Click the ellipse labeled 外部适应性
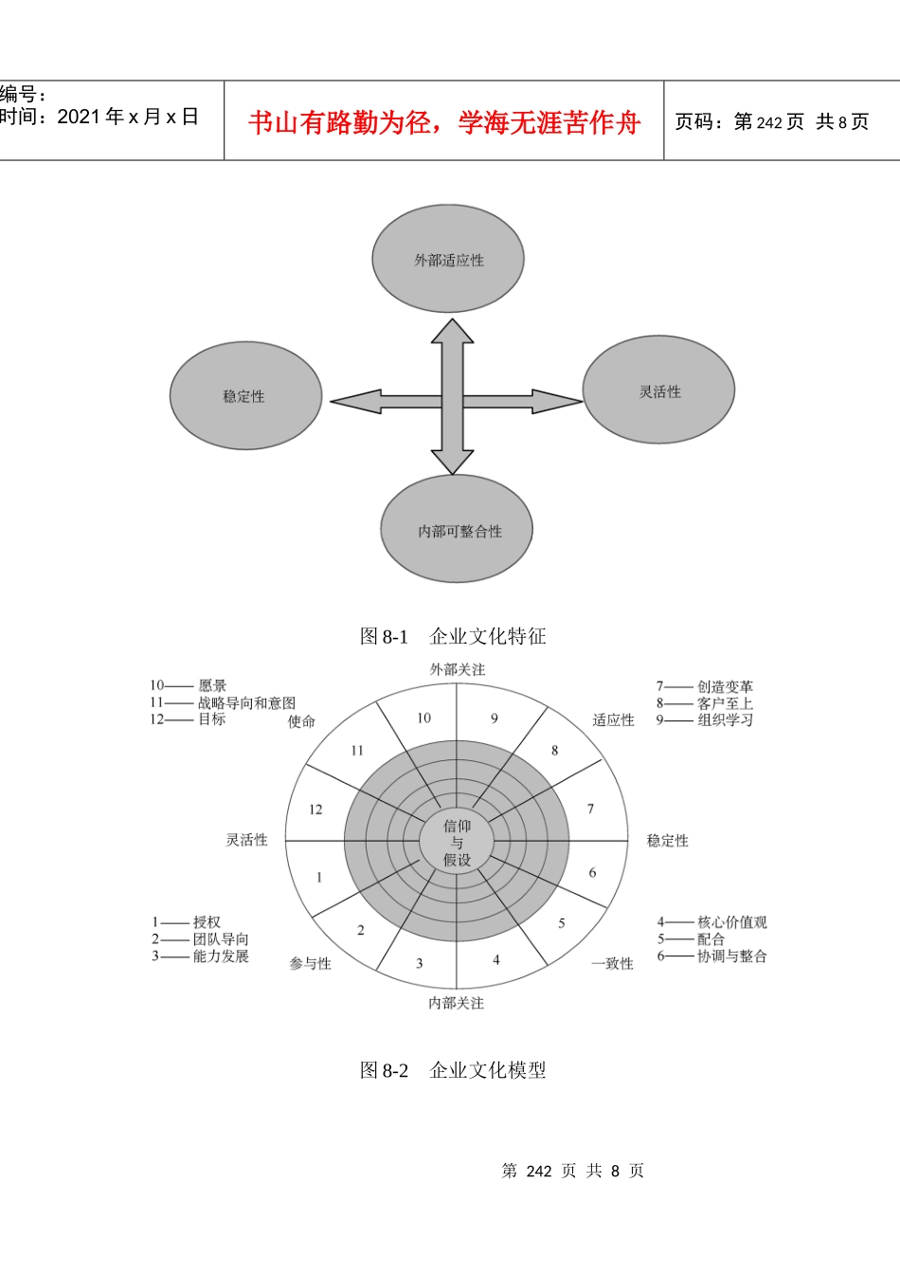(448, 259)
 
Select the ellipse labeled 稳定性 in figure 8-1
(245, 396)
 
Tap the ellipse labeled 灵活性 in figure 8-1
(658, 390)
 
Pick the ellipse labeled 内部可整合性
(457, 529)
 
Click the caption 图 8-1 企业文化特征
(453, 636)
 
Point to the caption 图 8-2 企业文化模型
(453, 1070)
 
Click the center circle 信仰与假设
(457, 843)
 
